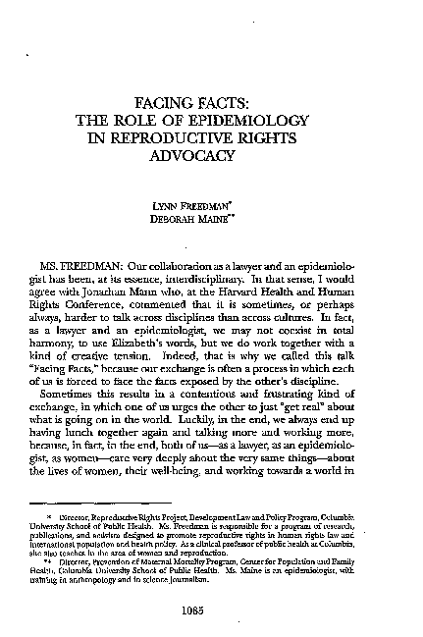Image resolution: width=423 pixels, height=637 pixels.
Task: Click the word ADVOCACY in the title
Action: pos(211,155)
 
